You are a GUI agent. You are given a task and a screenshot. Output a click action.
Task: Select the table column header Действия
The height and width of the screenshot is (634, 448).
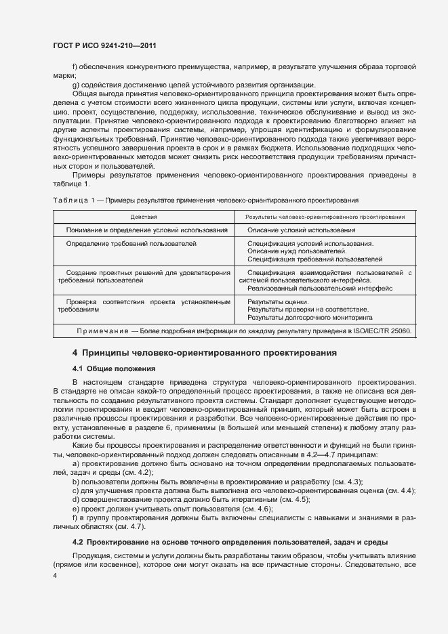(x=144, y=217)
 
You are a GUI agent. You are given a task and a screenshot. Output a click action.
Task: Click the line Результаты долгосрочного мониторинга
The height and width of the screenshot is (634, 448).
(x=310, y=317)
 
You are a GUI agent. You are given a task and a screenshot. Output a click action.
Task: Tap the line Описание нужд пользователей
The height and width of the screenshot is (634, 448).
(x=292, y=251)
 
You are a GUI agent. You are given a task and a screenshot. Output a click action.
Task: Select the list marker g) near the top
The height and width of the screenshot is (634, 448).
(x=75, y=85)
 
